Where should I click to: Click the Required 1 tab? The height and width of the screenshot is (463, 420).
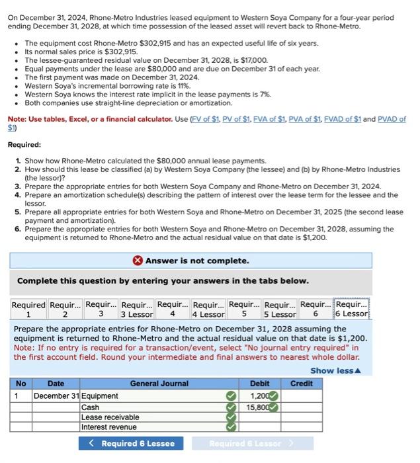point(28,309)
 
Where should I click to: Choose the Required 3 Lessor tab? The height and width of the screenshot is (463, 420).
point(137,309)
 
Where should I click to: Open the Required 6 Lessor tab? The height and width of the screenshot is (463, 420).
point(352,309)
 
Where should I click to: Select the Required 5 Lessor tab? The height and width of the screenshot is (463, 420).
point(279,309)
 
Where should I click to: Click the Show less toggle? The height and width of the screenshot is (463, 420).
point(336,370)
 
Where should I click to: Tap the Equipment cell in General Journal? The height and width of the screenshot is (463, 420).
point(99,396)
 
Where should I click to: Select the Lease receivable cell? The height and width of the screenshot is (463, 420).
point(110,417)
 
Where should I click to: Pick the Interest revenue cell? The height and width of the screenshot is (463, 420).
point(108,427)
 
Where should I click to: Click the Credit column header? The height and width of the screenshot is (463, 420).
point(302,384)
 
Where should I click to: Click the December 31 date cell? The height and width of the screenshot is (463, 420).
point(56,396)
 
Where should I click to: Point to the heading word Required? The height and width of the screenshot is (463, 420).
point(24,144)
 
